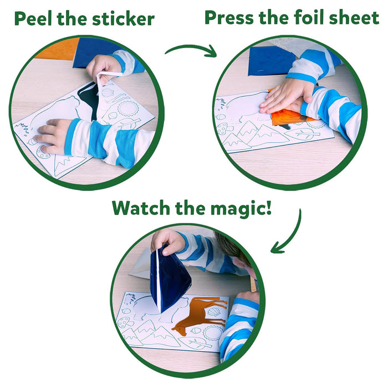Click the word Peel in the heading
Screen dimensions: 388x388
(33, 19)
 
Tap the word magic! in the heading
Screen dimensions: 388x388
(241, 208)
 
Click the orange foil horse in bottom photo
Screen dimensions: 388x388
(198, 314)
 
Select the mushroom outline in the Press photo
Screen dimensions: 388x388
(224, 128)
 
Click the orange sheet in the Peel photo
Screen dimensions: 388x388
(59, 49)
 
